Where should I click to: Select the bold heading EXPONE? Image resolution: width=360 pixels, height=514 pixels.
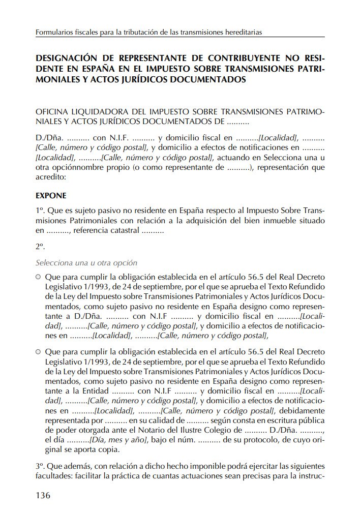click(x=51, y=195)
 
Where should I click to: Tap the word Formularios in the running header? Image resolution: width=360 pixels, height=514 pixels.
click(x=54, y=32)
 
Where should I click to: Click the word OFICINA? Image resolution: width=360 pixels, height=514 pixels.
click(x=52, y=111)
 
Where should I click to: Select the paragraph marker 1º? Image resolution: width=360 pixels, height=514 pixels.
click(x=40, y=210)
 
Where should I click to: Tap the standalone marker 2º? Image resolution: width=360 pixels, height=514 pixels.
click(x=40, y=247)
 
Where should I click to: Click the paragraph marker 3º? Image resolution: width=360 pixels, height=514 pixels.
click(x=40, y=467)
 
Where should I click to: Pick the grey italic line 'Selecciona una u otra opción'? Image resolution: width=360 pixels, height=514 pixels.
click(x=86, y=263)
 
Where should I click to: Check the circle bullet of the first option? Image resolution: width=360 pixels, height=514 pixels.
click(x=39, y=278)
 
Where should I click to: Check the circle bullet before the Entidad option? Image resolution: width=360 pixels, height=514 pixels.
click(x=39, y=351)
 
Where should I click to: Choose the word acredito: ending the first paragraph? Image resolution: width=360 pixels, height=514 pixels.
click(x=51, y=177)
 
